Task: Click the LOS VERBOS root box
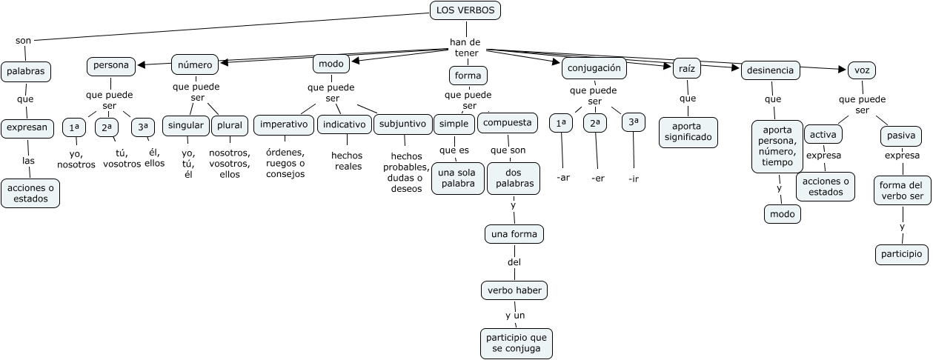point(465,10)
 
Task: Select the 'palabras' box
point(26,72)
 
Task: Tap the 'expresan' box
point(27,127)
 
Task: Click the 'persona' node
point(111,65)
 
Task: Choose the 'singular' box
point(185,125)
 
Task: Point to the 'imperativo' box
point(284,124)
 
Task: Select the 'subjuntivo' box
point(402,124)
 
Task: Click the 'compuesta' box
point(507,123)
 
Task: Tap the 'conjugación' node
point(594,68)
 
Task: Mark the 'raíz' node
point(686,69)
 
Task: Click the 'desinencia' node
point(771,71)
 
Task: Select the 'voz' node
point(861,70)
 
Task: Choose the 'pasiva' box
point(901,136)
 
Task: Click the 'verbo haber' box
point(514,290)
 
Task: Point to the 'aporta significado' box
point(688,132)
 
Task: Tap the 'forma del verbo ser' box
point(902,191)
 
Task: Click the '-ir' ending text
point(633,179)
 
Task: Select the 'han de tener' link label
point(465,47)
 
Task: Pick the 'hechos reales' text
point(347,161)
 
